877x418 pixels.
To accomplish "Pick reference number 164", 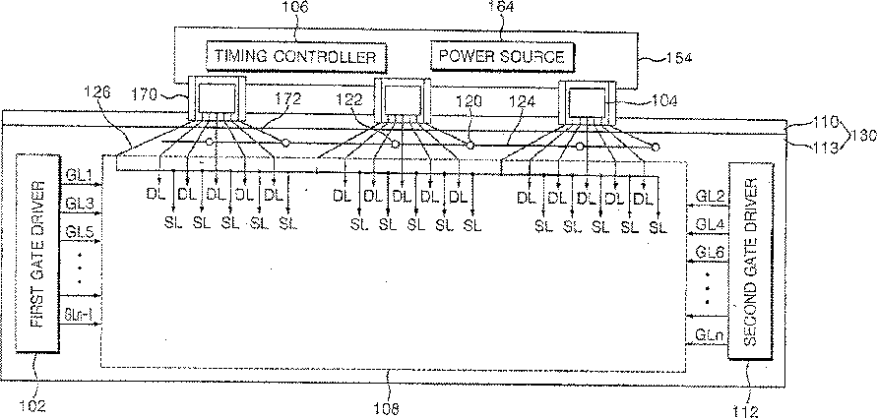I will pos(502,8).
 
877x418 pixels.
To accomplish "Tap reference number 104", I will pos(636,100).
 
